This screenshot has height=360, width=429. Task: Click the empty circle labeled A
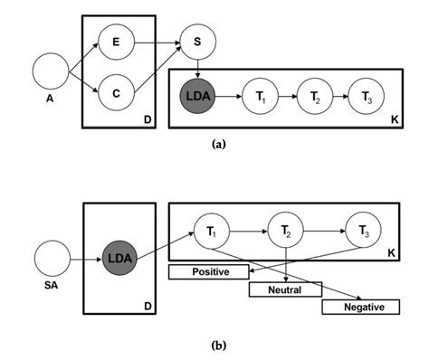point(50,71)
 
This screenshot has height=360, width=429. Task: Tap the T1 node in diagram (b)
point(213,232)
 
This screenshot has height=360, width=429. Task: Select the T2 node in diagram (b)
point(285,232)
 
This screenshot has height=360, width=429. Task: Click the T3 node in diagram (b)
point(366,232)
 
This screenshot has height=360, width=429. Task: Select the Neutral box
point(286,289)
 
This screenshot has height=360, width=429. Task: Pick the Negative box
point(359,308)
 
